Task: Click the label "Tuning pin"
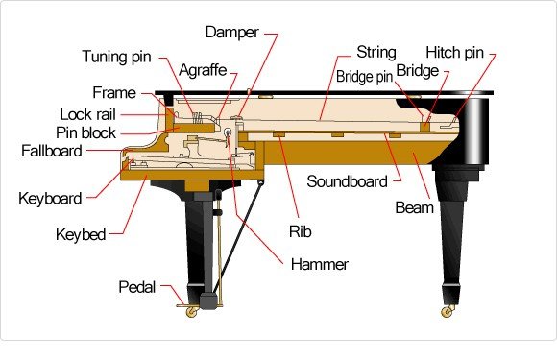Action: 117,55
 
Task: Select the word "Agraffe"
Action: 203,71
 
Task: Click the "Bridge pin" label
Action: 366,74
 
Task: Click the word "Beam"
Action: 415,207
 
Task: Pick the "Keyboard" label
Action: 50,199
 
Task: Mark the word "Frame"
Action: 113,93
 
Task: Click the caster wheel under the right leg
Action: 447,310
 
